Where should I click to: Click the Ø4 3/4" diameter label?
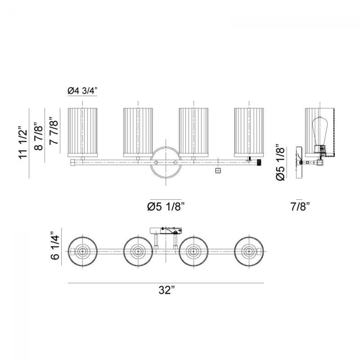(x=82, y=91)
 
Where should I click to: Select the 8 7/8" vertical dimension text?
(x=39, y=136)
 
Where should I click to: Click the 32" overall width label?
(x=167, y=290)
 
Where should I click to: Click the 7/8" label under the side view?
(x=300, y=207)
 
